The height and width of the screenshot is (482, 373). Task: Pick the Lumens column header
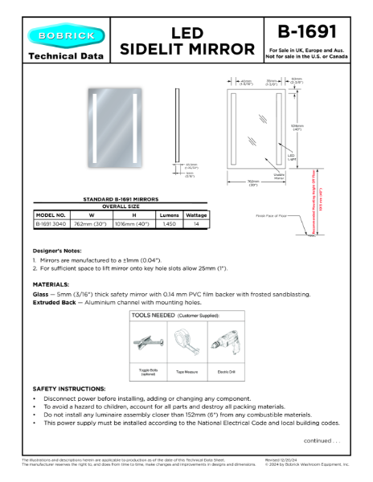point(169,215)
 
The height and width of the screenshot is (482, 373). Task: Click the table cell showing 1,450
point(169,225)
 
